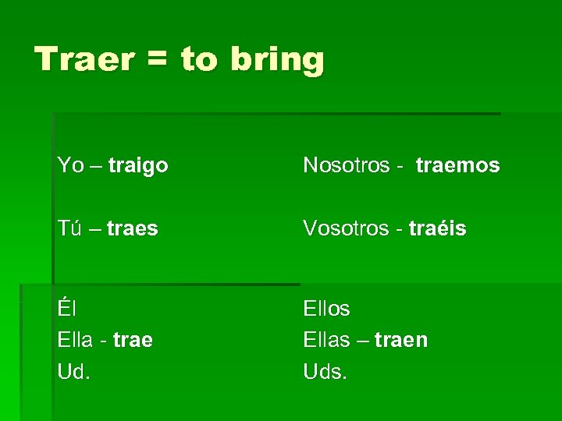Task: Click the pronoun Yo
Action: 70,165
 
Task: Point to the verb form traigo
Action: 138,166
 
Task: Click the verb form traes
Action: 133,229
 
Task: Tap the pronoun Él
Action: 66,308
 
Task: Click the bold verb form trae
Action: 133,341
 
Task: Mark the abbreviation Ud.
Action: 73,372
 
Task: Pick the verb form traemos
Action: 457,165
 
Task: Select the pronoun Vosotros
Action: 346,228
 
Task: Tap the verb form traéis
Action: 437,228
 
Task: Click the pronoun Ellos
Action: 326,309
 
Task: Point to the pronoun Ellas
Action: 326,340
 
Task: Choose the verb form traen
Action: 400,341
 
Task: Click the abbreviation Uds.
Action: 325,372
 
